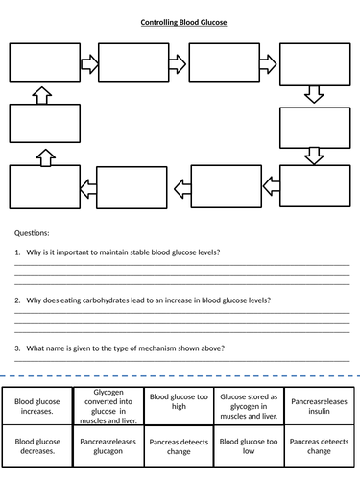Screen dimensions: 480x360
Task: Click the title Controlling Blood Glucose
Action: pos(180,22)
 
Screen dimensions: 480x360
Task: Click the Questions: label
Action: pos(32,233)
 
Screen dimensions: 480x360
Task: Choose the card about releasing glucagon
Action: pos(108,446)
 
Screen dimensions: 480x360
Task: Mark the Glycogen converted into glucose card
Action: pos(108,404)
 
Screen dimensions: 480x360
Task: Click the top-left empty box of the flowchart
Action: pos(43,63)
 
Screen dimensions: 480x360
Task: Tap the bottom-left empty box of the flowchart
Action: pos(43,184)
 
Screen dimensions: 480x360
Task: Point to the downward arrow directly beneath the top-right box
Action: pos(313,94)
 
